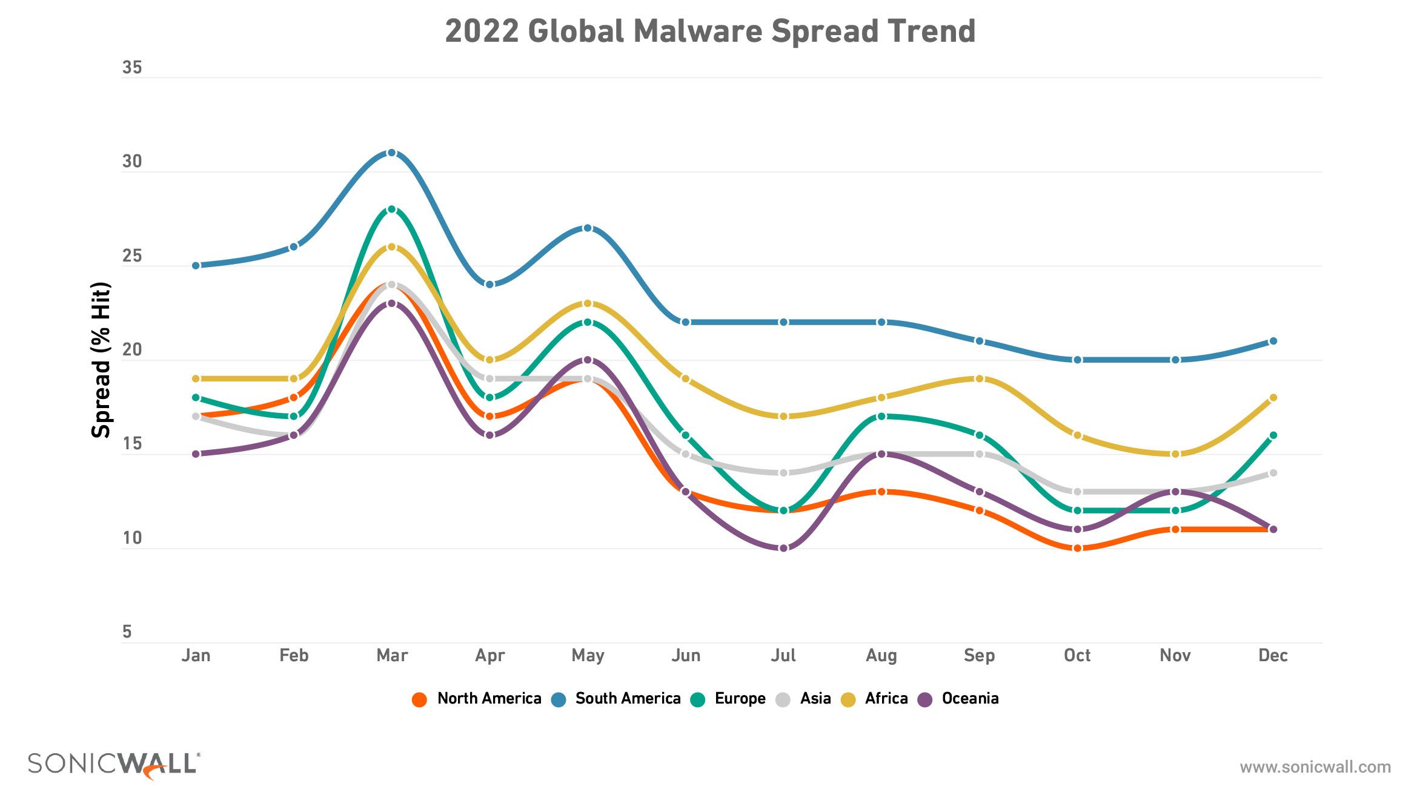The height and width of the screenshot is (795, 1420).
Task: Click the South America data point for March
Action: tap(391, 153)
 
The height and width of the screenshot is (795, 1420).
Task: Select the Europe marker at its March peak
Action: tap(391, 209)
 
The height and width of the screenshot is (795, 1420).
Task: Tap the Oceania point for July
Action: tap(783, 548)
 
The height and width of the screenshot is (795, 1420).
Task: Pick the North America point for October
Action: tap(1077, 548)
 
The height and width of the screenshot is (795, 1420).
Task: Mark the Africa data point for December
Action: tap(1273, 398)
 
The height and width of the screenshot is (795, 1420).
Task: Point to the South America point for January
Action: tap(196, 265)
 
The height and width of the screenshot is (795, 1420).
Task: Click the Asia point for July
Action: tap(783, 473)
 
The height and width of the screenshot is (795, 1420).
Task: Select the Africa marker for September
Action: tap(979, 378)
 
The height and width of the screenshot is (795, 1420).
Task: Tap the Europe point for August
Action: tap(881, 417)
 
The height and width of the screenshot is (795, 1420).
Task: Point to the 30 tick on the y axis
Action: tap(131, 162)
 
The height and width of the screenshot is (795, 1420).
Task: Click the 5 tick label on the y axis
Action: tap(127, 632)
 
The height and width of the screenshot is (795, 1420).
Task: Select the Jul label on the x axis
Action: tap(783, 656)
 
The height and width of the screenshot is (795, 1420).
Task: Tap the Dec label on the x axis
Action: tap(1273, 656)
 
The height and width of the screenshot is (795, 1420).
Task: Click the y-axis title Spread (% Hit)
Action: tap(101, 360)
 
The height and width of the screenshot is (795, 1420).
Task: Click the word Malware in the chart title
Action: tap(697, 31)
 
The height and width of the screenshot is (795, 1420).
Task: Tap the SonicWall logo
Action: tap(114, 765)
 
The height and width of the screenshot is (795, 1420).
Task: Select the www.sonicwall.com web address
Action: tap(1315, 767)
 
